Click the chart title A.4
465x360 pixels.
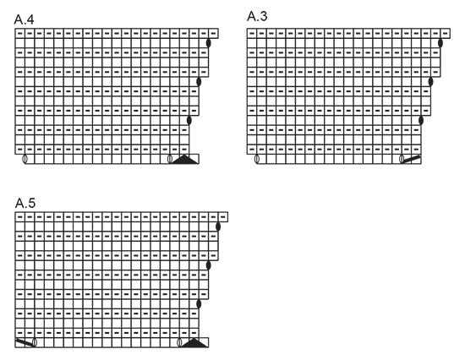pyautogui.click(x=24, y=19)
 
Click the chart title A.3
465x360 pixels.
pyautogui.click(x=257, y=16)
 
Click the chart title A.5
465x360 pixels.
pyautogui.click(x=25, y=203)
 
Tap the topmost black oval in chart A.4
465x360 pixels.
pyautogui.click(x=209, y=43)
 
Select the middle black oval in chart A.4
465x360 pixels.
pyautogui.click(x=199, y=81)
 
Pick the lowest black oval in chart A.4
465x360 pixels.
pyautogui.click(x=189, y=120)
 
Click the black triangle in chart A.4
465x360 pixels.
pyautogui.click(x=184, y=159)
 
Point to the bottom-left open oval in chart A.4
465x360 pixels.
pyautogui.click(x=25, y=159)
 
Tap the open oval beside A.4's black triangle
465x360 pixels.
pyautogui.click(x=170, y=159)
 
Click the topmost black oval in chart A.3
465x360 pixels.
pyautogui.click(x=440, y=43)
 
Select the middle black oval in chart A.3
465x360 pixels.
pyautogui.click(x=430, y=81)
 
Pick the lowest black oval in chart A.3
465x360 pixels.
pyautogui.click(x=421, y=120)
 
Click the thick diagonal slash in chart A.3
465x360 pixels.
pyautogui.click(x=412, y=159)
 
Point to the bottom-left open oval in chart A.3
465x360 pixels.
pyautogui.click(x=257, y=159)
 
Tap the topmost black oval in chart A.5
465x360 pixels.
pyautogui.click(x=218, y=226)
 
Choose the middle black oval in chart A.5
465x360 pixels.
pyautogui.click(x=209, y=265)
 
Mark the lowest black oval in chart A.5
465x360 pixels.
pyautogui.click(x=199, y=304)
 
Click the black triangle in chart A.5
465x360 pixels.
pyautogui.click(x=194, y=342)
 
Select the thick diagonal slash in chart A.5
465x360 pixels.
pyautogui.click(x=25, y=342)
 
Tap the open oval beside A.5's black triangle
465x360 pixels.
pyautogui.click(x=179, y=342)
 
